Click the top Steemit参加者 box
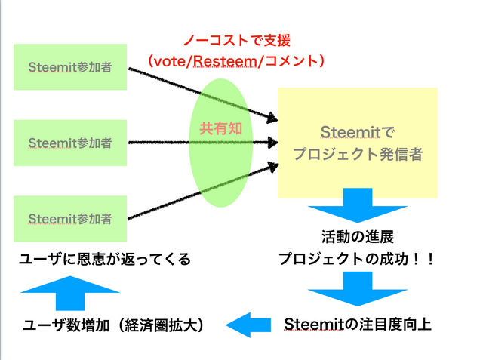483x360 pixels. tap(70, 68)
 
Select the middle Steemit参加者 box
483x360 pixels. tap(70, 143)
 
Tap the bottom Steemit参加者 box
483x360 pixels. tap(70, 219)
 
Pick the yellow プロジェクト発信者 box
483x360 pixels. tap(357, 142)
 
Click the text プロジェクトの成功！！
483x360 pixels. tap(357, 258)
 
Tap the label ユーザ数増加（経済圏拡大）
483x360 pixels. tap(114, 325)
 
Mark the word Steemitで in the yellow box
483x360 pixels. tap(357, 131)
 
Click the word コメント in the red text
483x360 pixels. tap(291, 59)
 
